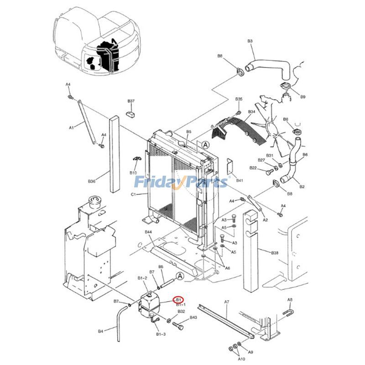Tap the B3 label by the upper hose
250,41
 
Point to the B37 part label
130,101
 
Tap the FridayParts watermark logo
181,182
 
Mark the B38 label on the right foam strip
275,252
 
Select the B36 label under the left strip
92,181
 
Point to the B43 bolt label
193,317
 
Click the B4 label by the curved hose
100,331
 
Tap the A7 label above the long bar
226,302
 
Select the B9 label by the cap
302,97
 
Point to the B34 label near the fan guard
251,111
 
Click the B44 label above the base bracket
148,232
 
